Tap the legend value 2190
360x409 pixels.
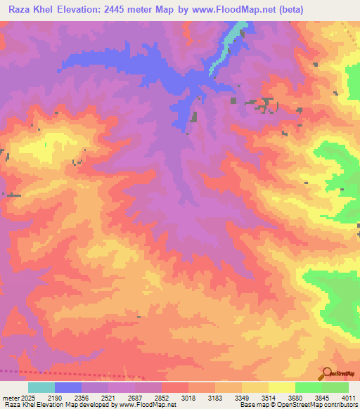click(65, 398)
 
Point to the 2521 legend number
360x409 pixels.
click(123, 398)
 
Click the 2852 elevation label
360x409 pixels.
click(181, 398)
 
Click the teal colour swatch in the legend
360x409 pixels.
click(41, 387)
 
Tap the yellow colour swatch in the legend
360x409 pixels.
click(281, 387)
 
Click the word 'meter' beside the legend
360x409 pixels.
click(11, 398)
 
